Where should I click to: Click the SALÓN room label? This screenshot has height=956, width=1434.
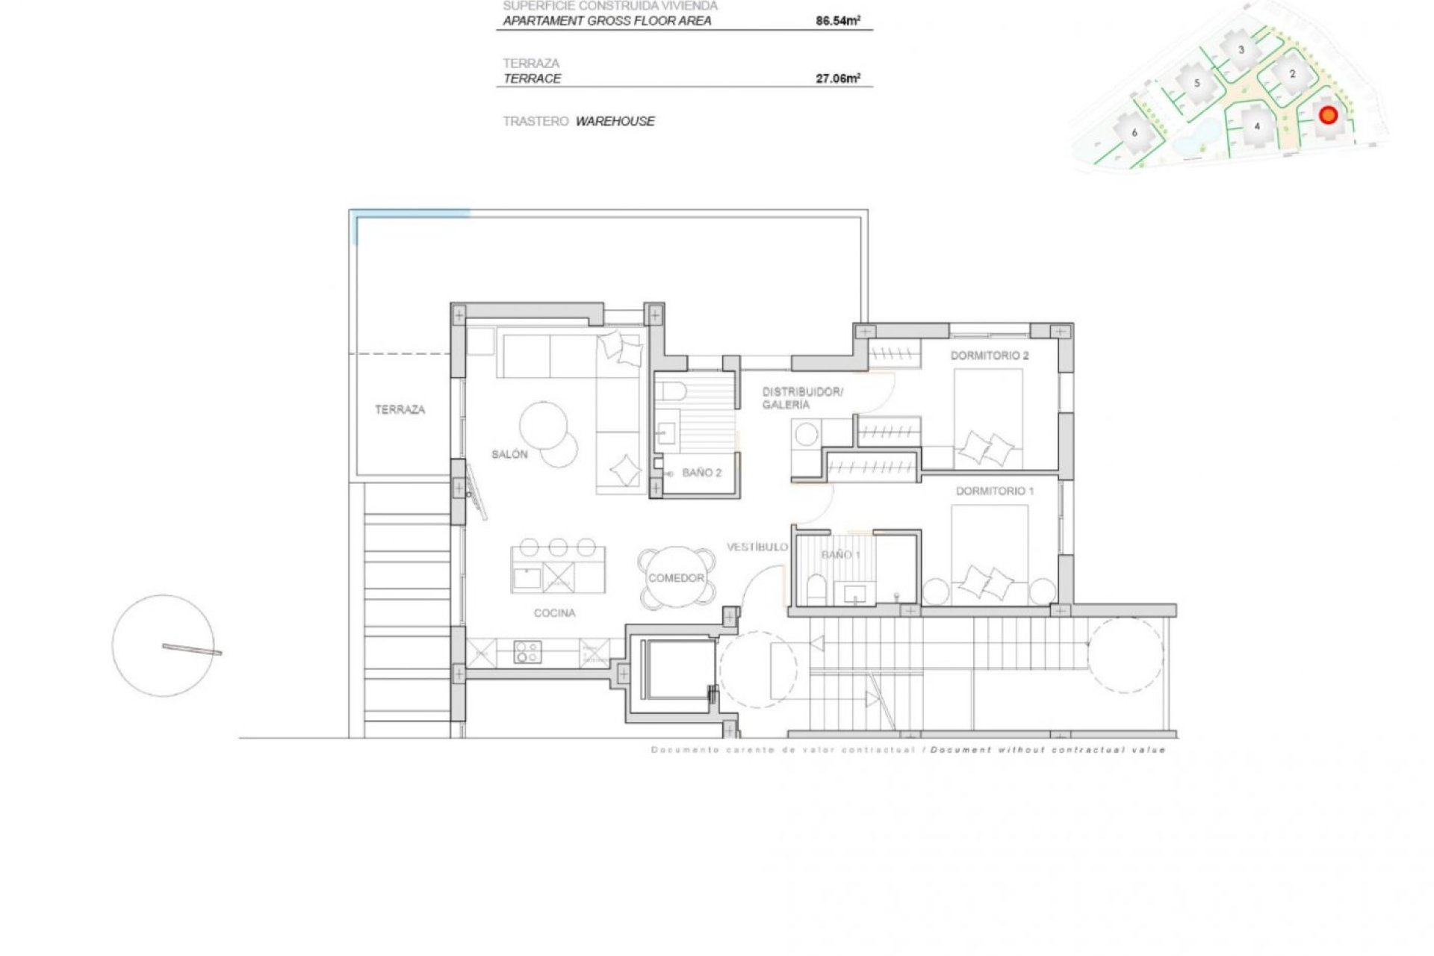pos(509,454)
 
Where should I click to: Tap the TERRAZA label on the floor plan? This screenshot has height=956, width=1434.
pos(400,409)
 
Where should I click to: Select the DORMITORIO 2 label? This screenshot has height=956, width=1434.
pos(989,356)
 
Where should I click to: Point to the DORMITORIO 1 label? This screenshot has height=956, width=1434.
pos(995,491)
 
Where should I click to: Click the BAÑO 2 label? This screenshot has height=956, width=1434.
pos(701,473)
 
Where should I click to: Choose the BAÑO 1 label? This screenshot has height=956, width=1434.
pos(841,555)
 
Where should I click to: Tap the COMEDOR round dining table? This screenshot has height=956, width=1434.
pos(676,578)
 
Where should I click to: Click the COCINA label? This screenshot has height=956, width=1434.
pos(554,613)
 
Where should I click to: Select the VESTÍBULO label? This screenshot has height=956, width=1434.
pos(757,547)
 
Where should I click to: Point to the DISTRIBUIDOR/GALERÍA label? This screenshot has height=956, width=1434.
pos(801,398)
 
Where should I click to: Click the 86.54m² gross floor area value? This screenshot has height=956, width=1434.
pos(837,21)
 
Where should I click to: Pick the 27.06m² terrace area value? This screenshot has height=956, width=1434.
pos(837,78)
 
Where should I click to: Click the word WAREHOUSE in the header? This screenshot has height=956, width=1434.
pos(615,121)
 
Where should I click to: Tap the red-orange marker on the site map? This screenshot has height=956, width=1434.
pos(1327,115)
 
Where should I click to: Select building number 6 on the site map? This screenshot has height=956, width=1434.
pos(1135,133)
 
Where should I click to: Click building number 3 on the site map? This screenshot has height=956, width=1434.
pos(1241,50)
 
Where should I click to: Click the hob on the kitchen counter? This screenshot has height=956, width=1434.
pos(528,652)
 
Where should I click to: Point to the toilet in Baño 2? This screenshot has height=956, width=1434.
pos(670,391)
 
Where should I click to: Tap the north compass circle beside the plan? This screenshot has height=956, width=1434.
pos(164,646)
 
